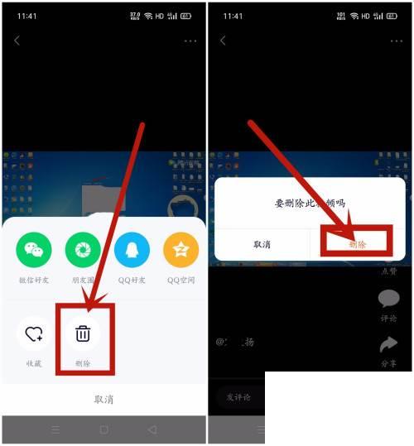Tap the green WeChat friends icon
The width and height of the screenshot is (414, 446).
pos(34,249)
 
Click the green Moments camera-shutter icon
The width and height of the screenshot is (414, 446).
pos(83,249)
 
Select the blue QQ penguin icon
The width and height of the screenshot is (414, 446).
pos(132,249)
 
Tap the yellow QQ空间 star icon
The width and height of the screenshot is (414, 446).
pos(181,249)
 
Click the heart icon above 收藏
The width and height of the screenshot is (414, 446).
pos(34,334)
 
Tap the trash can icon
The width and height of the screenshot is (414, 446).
pos(83,334)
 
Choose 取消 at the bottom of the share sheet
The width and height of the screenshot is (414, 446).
pos(103,399)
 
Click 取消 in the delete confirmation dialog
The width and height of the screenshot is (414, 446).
pos(262,244)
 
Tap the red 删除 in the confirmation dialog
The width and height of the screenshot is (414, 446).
pos(358,244)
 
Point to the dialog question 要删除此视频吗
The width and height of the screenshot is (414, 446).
pos(310,203)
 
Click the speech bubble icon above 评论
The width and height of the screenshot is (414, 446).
pos(388,299)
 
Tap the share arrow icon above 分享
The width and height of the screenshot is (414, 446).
pos(388,343)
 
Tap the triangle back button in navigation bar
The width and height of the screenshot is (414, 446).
pos(152,429)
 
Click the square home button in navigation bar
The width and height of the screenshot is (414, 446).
pos(103,429)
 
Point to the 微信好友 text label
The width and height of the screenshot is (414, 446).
pos(34,280)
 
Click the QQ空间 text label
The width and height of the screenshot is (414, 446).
pos(181,280)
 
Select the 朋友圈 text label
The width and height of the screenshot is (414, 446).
pos(83,280)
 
